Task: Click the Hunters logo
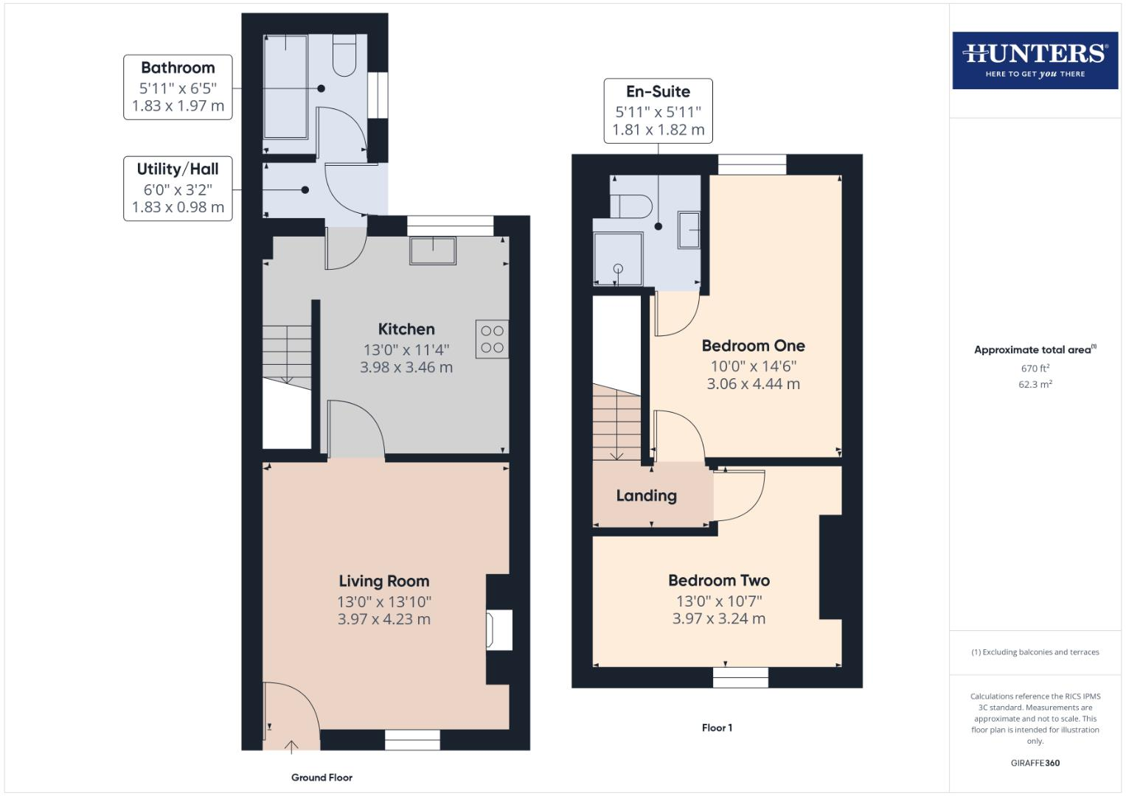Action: pyautogui.click(x=1035, y=60)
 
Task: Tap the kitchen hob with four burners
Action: pyautogui.click(x=492, y=339)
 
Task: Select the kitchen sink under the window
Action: pyautogui.click(x=433, y=251)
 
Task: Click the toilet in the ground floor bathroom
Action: pyautogui.click(x=344, y=56)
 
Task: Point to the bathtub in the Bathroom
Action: pyautogui.click(x=285, y=86)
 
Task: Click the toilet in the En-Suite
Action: pyautogui.click(x=631, y=206)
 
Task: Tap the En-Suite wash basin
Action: pyautogui.click(x=689, y=230)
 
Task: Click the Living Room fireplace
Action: pyautogui.click(x=498, y=630)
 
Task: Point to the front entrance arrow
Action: pyautogui.click(x=291, y=747)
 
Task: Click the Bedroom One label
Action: pyautogui.click(x=753, y=346)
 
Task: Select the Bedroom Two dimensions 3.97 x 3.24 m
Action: pyautogui.click(x=718, y=619)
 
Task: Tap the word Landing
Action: pyautogui.click(x=646, y=496)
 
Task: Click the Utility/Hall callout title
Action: pyautogui.click(x=178, y=170)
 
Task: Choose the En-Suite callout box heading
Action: pyautogui.click(x=658, y=92)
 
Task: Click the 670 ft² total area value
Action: pyautogui.click(x=1035, y=369)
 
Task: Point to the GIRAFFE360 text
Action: pyautogui.click(x=1035, y=763)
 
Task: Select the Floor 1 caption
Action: pyautogui.click(x=717, y=728)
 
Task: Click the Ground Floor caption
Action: pyautogui.click(x=322, y=778)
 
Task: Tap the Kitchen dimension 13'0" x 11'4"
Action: pyautogui.click(x=406, y=350)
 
